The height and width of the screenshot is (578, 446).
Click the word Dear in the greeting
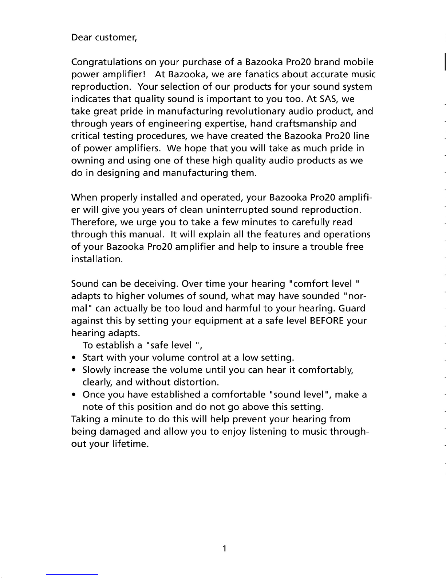tap(81, 38)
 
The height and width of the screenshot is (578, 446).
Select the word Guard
tap(352, 309)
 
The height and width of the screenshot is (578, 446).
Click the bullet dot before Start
tap(74, 358)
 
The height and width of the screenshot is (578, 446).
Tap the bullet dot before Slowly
tap(74, 371)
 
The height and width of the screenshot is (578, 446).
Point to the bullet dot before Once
tap(74, 395)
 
